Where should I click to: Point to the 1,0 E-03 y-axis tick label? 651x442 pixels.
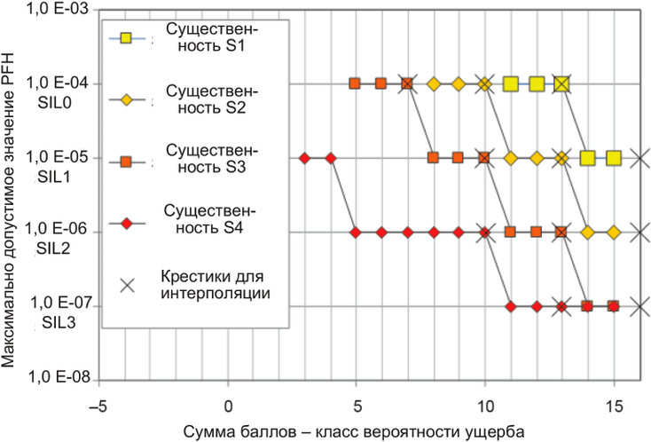(x=58, y=9)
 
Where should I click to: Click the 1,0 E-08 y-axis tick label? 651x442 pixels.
(x=59, y=377)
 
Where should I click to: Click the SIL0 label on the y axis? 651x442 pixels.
(x=55, y=103)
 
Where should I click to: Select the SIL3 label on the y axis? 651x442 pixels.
(x=59, y=323)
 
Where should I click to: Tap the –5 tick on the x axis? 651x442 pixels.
(x=98, y=406)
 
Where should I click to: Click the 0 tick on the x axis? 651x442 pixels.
(x=228, y=406)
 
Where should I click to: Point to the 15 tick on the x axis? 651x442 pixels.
(x=614, y=406)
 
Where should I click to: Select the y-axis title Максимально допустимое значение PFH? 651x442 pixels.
(x=8, y=210)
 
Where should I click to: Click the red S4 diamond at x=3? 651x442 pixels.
(x=305, y=158)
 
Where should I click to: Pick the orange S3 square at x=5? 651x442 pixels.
(x=354, y=83)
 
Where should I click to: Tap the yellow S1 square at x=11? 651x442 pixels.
(x=511, y=84)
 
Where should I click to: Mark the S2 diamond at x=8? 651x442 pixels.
(x=434, y=84)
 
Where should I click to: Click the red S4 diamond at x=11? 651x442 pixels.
(x=511, y=306)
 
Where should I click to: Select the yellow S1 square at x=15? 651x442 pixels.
(x=614, y=158)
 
